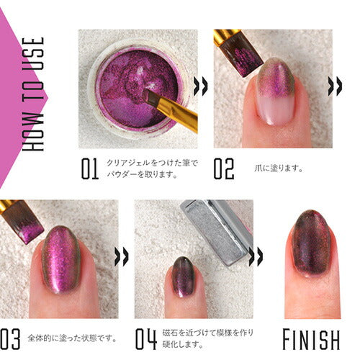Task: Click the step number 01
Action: [x=89, y=169]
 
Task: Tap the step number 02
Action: [x=223, y=169]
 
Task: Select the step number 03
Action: [x=11, y=338]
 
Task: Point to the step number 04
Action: [x=146, y=338]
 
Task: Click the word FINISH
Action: [x=311, y=338]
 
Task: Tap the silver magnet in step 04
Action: [x=216, y=230]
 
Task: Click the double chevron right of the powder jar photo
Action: [x=202, y=86]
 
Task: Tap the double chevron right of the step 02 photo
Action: [x=335, y=86]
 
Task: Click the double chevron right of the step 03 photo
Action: [x=123, y=256]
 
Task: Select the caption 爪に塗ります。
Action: [x=279, y=169]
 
